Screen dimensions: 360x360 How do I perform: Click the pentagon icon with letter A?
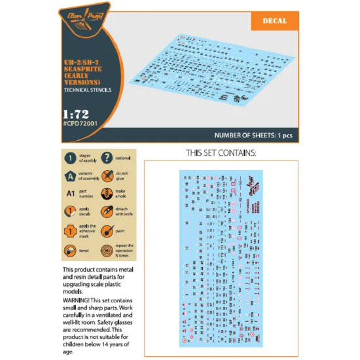[x=69, y=176]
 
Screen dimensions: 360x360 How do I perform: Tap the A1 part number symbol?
[x=69, y=194]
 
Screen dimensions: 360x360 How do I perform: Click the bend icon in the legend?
[x=69, y=250]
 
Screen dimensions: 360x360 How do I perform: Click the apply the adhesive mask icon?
[x=69, y=231]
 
